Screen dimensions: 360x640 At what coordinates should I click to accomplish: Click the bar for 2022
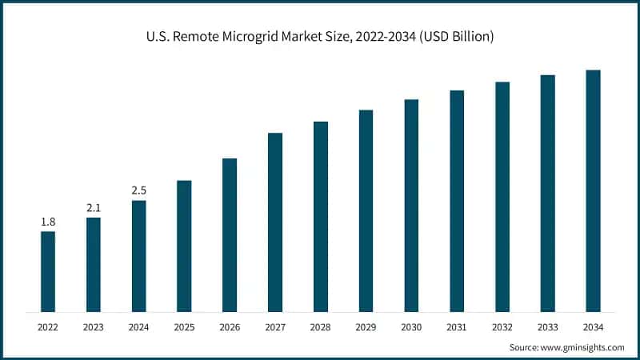[48, 272]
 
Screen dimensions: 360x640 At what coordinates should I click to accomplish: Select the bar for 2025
[184, 246]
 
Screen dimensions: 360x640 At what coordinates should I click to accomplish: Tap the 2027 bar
[275, 222]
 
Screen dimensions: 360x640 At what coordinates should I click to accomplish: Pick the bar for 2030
[411, 206]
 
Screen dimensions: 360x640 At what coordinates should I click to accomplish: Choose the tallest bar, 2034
[593, 190]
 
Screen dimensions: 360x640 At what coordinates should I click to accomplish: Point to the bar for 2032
[502, 197]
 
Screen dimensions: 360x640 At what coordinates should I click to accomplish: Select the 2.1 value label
[94, 208]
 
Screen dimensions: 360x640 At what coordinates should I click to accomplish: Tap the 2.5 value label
[139, 190]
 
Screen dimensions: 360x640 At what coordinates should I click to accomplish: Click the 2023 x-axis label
[94, 326]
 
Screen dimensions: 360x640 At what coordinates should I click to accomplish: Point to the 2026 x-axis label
[230, 326]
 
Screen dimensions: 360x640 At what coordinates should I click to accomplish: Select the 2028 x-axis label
[321, 326]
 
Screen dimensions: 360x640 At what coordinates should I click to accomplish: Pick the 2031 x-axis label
[457, 326]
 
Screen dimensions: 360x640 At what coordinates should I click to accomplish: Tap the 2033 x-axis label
[547, 326]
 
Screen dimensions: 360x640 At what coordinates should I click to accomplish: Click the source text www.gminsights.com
[584, 347]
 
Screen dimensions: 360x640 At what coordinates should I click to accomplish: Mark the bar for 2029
[366, 210]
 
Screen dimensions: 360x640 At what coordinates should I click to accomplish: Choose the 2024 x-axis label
[139, 326]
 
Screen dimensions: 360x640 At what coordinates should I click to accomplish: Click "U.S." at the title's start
[158, 37]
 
